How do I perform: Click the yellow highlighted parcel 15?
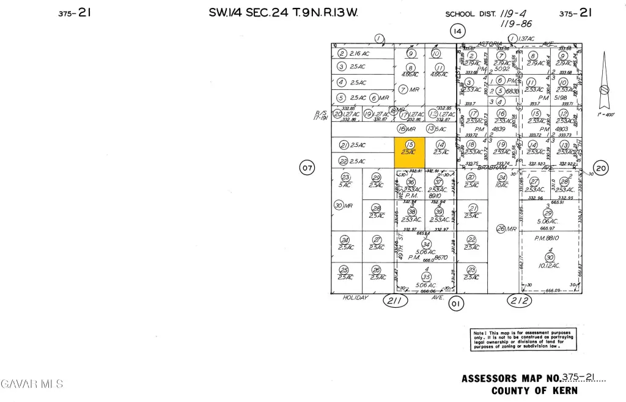(409, 152)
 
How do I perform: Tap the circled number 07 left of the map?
(307, 167)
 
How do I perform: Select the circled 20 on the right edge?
(601, 168)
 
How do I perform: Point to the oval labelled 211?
(394, 300)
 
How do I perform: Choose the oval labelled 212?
(520, 300)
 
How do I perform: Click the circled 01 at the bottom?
(454, 302)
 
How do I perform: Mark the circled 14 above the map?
(457, 31)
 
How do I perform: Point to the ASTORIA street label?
(490, 43)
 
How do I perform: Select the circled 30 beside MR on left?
(339, 206)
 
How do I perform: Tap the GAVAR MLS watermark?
(32, 384)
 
